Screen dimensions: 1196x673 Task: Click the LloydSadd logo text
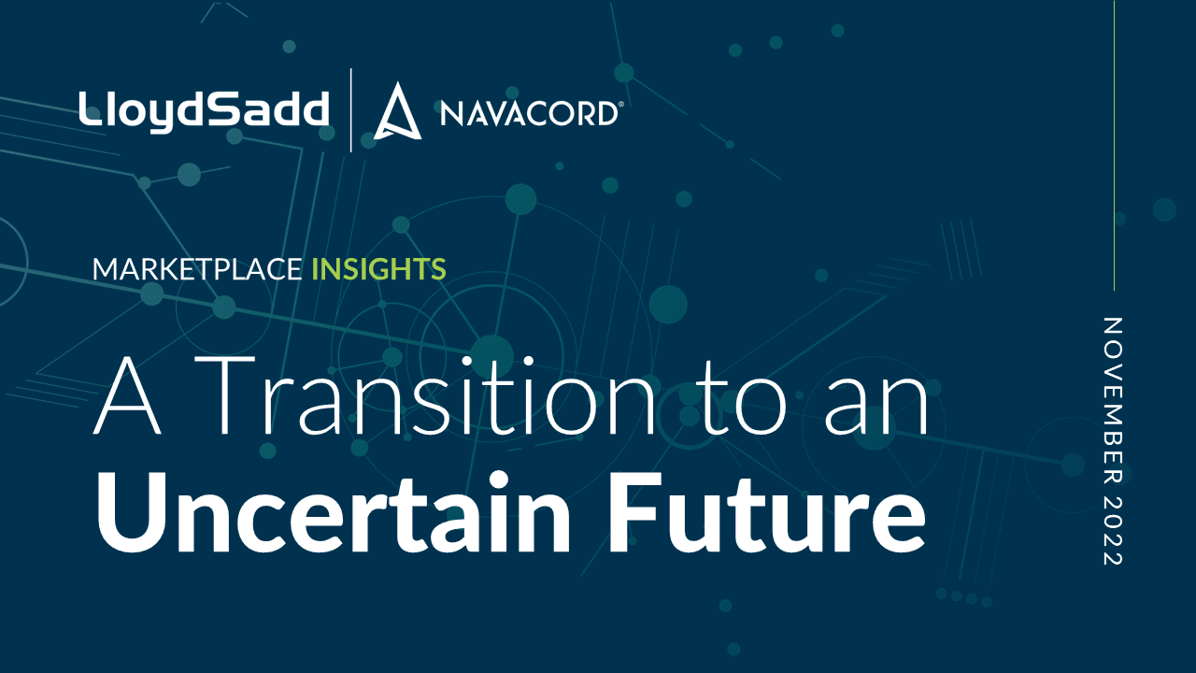(204, 111)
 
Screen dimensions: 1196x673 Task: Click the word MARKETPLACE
(197, 268)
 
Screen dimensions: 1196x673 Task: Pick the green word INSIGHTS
(378, 268)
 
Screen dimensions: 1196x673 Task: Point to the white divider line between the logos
(350, 110)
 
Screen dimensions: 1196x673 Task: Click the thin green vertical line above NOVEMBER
(1115, 145)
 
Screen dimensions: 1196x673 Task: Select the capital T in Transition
(224, 395)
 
